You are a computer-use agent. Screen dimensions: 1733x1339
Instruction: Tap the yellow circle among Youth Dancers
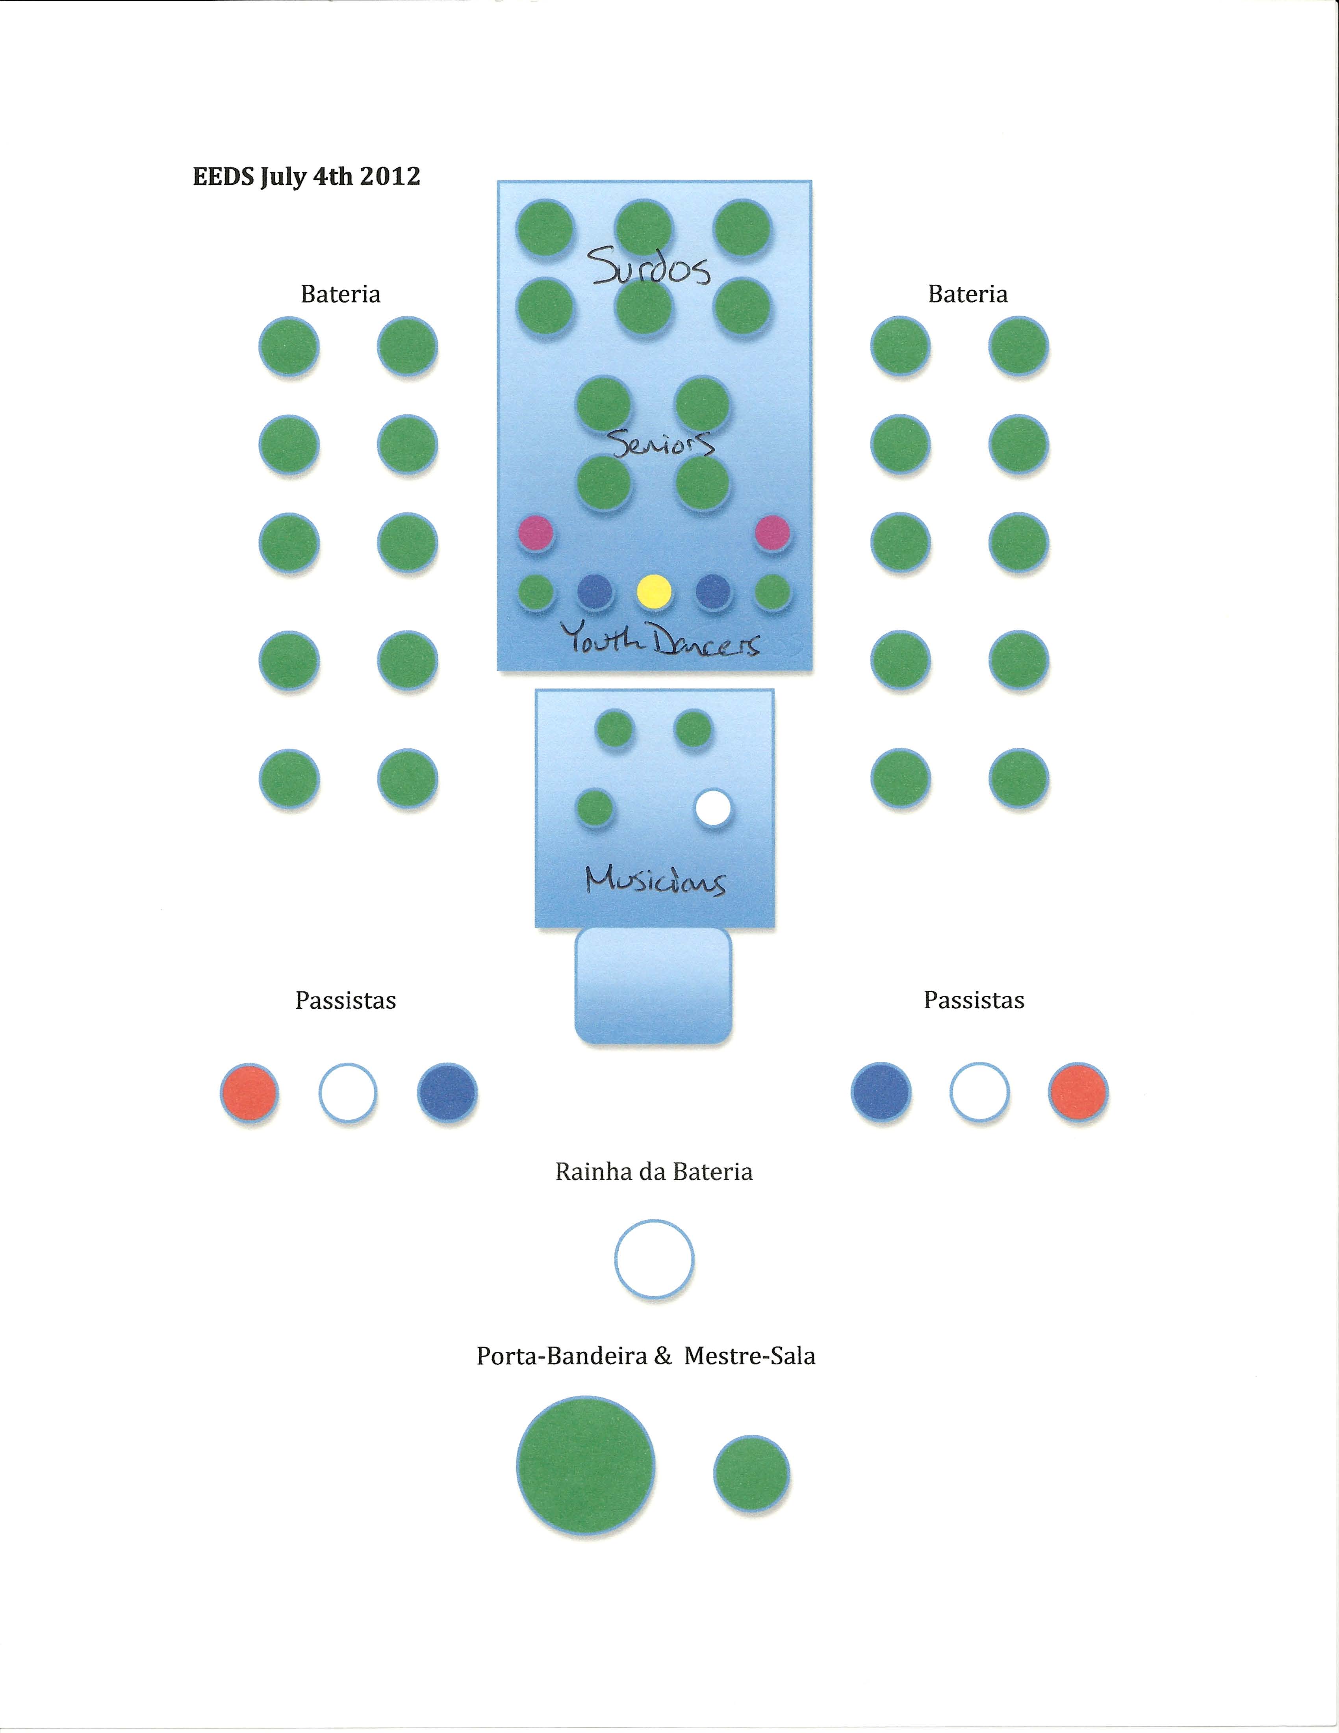pos(655,591)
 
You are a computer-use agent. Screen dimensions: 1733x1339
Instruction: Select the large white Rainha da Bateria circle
pos(655,1258)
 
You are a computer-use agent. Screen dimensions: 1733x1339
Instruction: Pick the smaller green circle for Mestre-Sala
pos(751,1473)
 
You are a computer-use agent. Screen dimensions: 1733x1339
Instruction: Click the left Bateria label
pos(340,294)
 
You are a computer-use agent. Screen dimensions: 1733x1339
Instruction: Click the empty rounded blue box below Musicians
pos(653,985)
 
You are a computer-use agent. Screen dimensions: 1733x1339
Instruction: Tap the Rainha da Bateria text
pos(654,1172)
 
